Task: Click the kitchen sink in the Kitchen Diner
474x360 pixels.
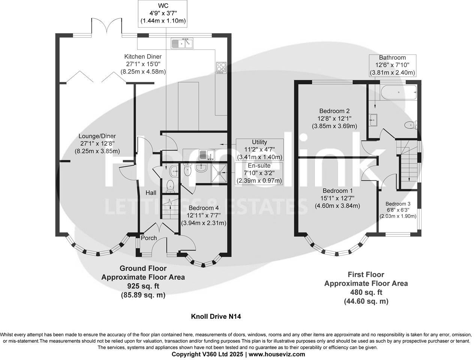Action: click(x=182, y=43)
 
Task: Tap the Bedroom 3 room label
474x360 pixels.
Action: click(x=398, y=204)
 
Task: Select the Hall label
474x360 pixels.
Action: click(x=151, y=193)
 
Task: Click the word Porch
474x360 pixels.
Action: click(x=149, y=238)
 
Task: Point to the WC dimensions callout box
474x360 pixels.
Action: click(x=163, y=13)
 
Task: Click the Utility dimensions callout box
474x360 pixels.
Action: click(x=259, y=150)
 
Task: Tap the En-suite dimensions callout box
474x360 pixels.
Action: click(x=259, y=173)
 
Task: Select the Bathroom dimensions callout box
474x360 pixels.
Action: click(x=392, y=65)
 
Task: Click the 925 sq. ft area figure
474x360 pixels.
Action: click(x=143, y=286)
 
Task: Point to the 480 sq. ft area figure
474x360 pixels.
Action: click(x=366, y=292)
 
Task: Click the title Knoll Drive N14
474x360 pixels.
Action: click(x=216, y=316)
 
